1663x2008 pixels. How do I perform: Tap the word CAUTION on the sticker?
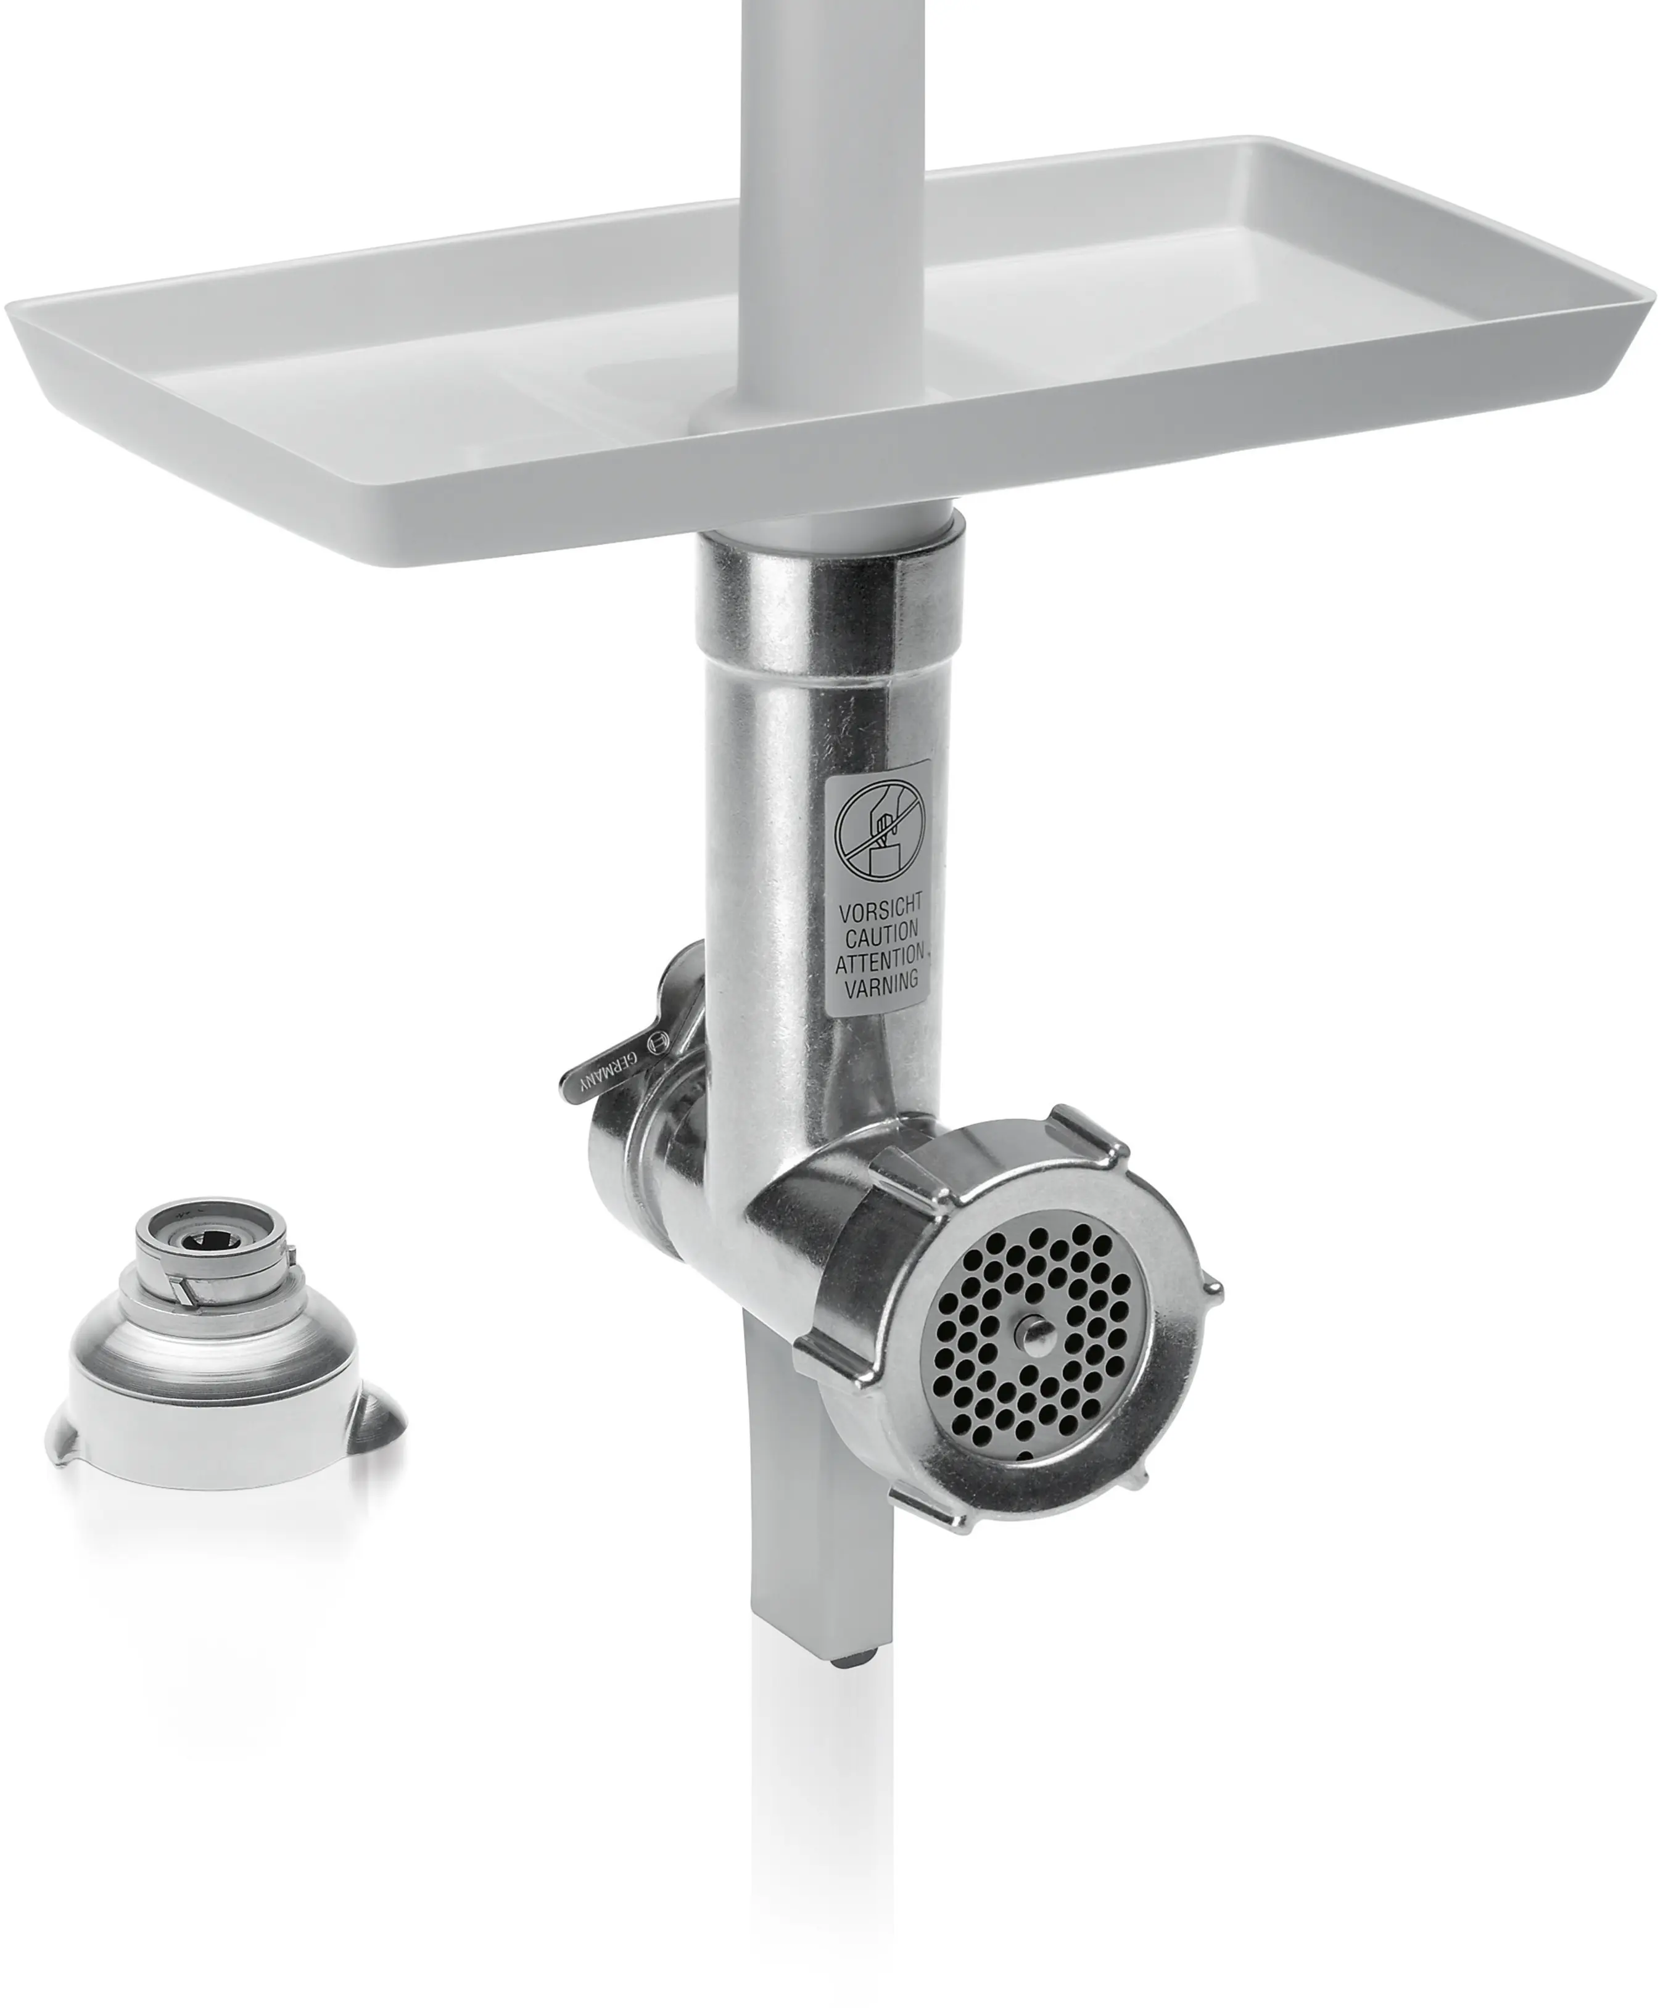(x=881, y=929)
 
